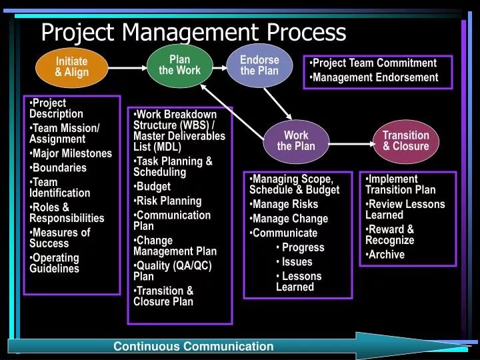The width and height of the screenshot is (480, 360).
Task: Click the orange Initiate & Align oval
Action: [x=71, y=67]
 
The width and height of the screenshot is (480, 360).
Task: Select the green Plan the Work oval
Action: [x=179, y=65]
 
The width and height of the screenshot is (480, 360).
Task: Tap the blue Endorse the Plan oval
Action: [x=259, y=65]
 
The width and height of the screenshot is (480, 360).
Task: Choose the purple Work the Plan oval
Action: [x=295, y=141]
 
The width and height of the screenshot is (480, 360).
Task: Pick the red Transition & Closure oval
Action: [x=405, y=141]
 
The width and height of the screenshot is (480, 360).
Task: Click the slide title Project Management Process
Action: [x=193, y=32]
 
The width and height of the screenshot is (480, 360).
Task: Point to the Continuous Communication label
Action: [x=193, y=346]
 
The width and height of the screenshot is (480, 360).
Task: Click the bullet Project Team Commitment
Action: [x=375, y=63]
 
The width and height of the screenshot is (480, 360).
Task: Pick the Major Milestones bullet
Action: [x=72, y=153]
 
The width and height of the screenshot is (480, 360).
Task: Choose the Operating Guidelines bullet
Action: [x=55, y=263]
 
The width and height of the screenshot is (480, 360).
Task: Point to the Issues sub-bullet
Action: [x=297, y=261]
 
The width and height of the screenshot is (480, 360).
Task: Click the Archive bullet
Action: [x=387, y=254]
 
